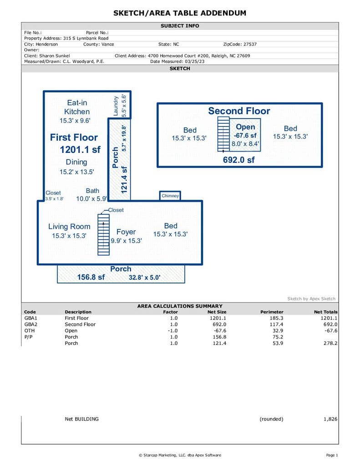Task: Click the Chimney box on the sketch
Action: click(170, 196)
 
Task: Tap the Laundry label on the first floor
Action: click(116, 106)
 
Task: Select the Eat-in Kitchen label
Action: click(77, 107)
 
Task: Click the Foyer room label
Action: click(126, 232)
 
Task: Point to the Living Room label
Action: click(69, 227)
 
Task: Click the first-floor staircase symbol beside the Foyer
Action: click(103, 235)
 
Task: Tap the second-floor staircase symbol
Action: click(223, 134)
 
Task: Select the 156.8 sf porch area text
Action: click(91, 277)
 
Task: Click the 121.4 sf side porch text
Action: click(124, 180)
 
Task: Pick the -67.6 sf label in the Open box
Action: click(245, 136)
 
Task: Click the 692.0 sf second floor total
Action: click(239, 160)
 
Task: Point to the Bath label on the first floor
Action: click(92, 191)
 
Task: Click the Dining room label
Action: click(76, 162)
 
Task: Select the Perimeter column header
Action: click(272, 312)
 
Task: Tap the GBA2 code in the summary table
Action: click(31, 324)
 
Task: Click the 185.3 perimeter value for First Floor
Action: click(276, 318)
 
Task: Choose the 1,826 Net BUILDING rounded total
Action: click(330, 419)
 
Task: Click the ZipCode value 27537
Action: click(250, 44)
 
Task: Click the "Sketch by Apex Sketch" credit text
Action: click(311, 299)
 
